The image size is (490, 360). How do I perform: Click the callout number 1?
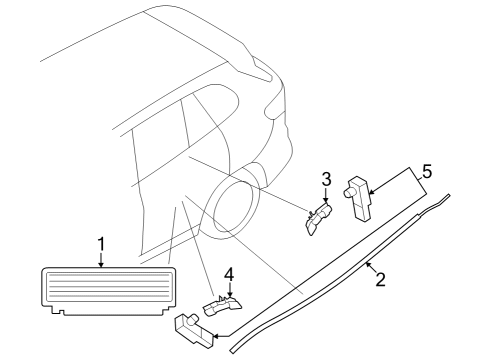(101, 242)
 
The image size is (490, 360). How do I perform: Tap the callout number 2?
(380, 281)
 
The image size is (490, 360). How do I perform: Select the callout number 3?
(325, 180)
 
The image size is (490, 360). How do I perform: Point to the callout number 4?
(228, 272)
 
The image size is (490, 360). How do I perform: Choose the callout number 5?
(426, 172)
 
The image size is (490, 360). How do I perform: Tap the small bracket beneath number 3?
(319, 218)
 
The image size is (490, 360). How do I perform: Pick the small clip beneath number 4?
(224, 304)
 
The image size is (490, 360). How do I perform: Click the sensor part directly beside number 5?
(357, 194)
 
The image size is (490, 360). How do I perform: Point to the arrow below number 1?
(101, 259)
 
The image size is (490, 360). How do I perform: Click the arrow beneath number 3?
(325, 197)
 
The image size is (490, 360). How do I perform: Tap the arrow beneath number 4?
(228, 289)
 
